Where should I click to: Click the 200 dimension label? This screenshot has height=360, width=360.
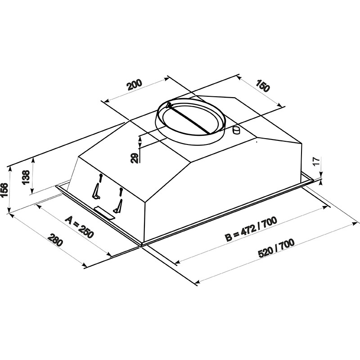point(134,85)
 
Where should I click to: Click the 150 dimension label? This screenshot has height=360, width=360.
point(263,86)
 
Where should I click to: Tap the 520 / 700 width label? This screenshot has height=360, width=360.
point(276,249)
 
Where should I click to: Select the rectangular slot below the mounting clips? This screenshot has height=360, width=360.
point(104,213)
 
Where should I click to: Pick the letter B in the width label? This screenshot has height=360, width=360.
point(229,238)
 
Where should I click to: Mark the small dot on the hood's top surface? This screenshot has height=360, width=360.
point(256,142)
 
